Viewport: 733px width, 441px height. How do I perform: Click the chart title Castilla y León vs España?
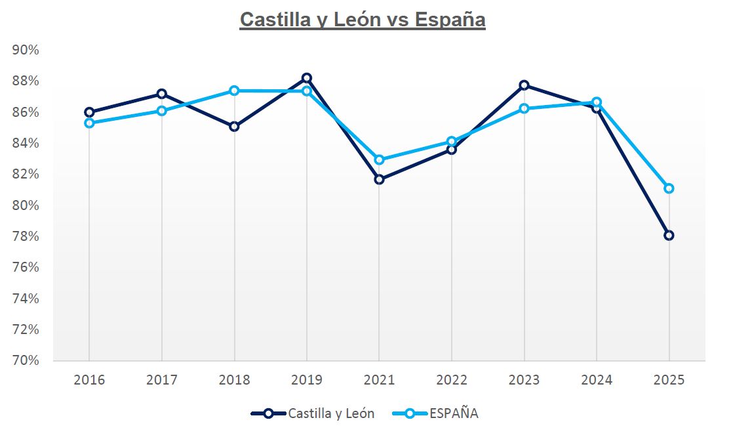[363, 20]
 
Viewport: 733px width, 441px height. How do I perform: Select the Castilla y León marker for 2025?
[669, 235]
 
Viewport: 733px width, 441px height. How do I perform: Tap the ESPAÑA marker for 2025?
[669, 188]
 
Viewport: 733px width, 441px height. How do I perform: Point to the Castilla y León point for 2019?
[306, 78]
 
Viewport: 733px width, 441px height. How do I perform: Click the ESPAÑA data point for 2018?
[234, 91]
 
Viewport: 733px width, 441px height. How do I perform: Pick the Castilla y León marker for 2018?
[234, 126]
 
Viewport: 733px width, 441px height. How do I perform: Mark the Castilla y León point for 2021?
[379, 179]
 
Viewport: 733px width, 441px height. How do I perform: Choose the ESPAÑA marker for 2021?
[379, 159]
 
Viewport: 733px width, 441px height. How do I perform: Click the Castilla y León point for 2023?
[524, 85]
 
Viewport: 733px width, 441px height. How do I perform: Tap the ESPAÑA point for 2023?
[524, 108]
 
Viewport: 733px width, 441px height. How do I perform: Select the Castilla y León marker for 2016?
[89, 112]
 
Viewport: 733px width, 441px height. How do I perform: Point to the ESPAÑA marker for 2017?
[161, 111]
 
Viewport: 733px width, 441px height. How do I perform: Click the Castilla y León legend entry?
[313, 413]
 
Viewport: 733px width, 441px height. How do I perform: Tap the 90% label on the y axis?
[26, 50]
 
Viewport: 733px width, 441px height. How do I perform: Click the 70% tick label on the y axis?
[26, 360]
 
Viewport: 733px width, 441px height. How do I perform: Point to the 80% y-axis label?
[26, 205]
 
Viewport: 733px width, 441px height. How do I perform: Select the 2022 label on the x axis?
[451, 380]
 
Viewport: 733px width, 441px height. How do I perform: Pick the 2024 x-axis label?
[596, 380]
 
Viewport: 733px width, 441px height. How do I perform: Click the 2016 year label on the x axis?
[89, 380]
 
